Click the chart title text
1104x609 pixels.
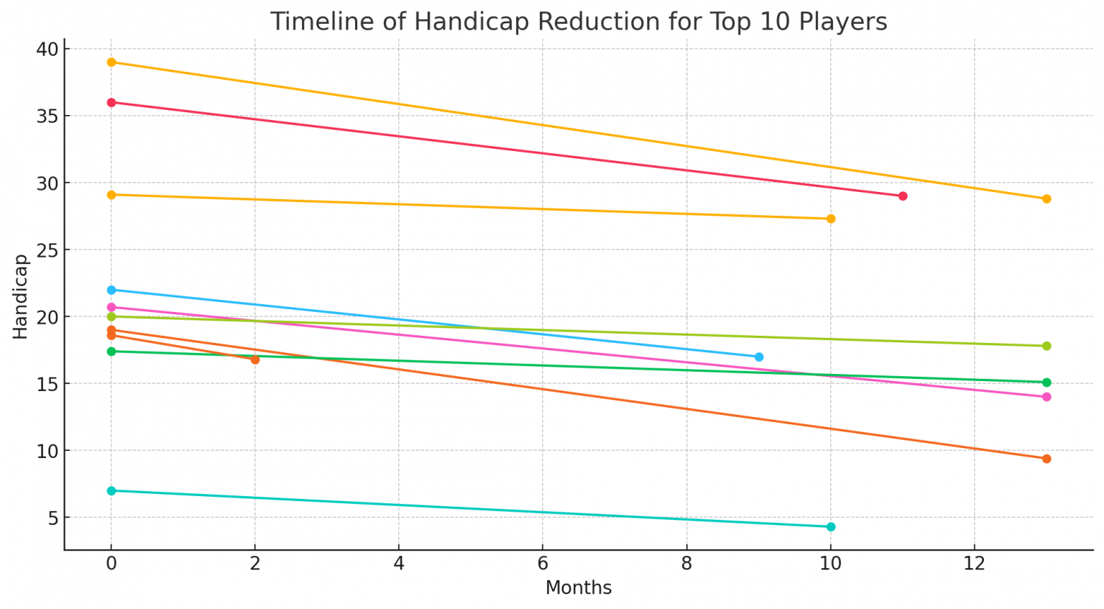point(578,22)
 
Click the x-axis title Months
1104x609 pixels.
point(578,587)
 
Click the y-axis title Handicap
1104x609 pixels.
point(20,296)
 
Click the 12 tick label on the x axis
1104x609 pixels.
point(974,563)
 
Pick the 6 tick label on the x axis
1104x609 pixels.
point(543,563)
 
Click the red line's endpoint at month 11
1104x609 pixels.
point(902,196)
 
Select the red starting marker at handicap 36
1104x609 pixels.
point(111,103)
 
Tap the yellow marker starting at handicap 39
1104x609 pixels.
point(111,63)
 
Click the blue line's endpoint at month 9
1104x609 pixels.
point(758,357)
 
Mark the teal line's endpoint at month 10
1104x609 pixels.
point(830,527)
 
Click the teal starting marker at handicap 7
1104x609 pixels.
point(111,491)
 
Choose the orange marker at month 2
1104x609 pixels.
point(255,360)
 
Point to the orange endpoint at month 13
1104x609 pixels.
point(1046,459)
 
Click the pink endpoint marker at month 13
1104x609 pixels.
point(1046,397)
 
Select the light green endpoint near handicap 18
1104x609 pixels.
point(1046,346)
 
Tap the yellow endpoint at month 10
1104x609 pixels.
point(830,219)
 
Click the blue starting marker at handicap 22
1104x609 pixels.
point(111,290)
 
